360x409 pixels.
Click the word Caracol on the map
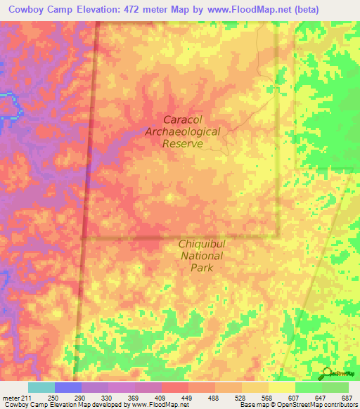[x=183, y=119]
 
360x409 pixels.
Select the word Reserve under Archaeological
[x=183, y=143]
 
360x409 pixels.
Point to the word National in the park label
[x=202, y=256]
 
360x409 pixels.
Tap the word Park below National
[x=201, y=268]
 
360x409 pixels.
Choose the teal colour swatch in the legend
[x=41, y=387]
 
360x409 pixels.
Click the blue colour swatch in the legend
[x=67, y=387]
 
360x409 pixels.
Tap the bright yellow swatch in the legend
[x=281, y=387]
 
